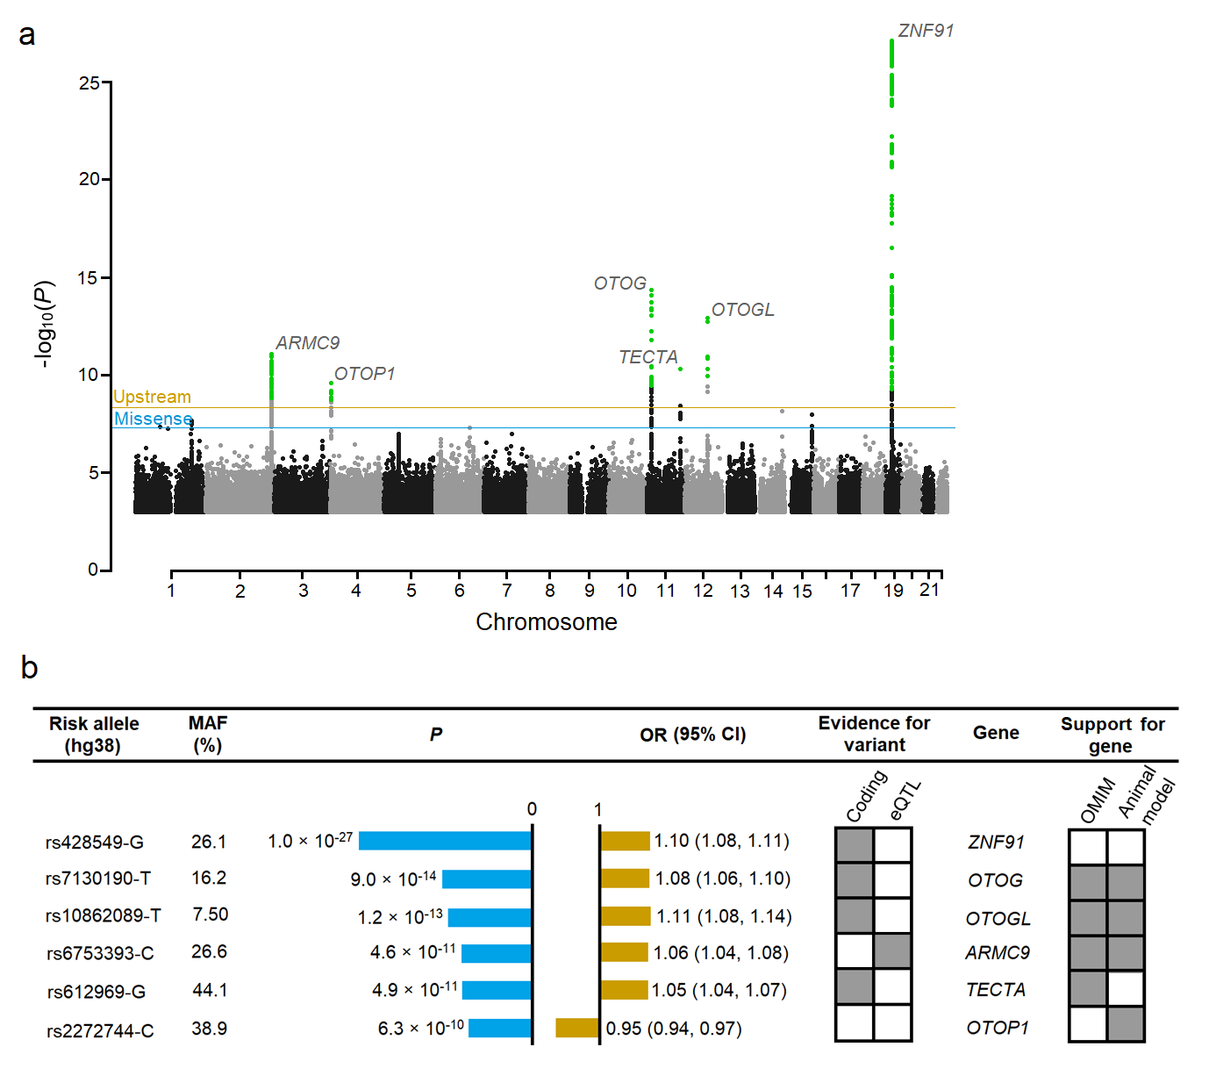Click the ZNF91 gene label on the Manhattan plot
(926, 31)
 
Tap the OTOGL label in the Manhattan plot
(742, 310)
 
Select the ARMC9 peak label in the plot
(307, 343)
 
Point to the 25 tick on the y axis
(89, 83)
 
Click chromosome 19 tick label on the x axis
(893, 591)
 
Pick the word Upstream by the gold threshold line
(152, 397)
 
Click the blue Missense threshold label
(154, 419)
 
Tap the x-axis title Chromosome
(546, 621)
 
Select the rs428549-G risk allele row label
(95, 843)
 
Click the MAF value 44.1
(210, 990)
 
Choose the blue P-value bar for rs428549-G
(445, 841)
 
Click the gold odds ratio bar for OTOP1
(577, 1028)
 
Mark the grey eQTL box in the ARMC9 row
(892, 952)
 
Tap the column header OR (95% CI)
(692, 735)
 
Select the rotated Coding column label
(866, 796)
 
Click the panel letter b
(29, 668)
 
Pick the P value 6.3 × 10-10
(420, 1028)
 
